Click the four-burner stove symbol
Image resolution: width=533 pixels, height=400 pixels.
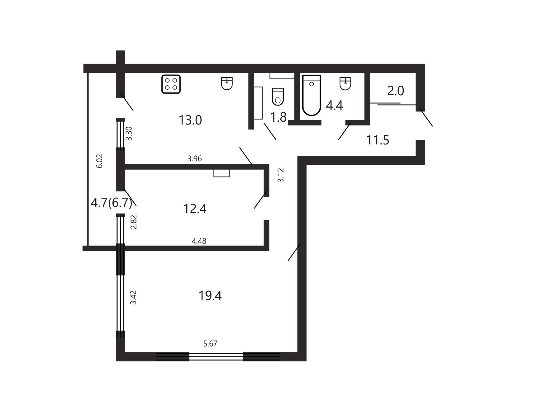(171, 84)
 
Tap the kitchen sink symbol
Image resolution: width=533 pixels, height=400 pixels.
(227, 83)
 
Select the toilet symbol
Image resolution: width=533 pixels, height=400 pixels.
(278, 96)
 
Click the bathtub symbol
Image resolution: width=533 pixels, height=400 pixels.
(312, 95)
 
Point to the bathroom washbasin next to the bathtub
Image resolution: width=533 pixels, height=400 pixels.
(345, 83)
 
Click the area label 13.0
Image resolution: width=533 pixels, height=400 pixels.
(190, 120)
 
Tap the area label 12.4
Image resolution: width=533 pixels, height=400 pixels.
(195, 209)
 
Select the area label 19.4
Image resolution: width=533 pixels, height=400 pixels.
(210, 295)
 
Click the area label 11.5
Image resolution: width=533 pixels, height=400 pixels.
(378, 140)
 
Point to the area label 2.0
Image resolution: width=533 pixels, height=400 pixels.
(396, 91)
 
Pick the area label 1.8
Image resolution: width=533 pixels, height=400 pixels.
(278, 117)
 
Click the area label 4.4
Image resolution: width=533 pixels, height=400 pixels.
(334, 106)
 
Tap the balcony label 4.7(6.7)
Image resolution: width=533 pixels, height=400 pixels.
(112, 203)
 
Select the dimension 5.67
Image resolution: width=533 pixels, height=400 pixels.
(210, 344)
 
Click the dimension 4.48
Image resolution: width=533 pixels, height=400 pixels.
(199, 241)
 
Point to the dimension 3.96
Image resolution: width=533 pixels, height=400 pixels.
(195, 159)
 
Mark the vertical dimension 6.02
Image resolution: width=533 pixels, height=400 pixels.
(99, 161)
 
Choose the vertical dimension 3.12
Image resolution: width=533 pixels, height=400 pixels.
(281, 175)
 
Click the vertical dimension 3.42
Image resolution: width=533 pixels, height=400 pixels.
(133, 297)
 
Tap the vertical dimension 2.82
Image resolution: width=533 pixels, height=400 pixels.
(133, 222)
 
